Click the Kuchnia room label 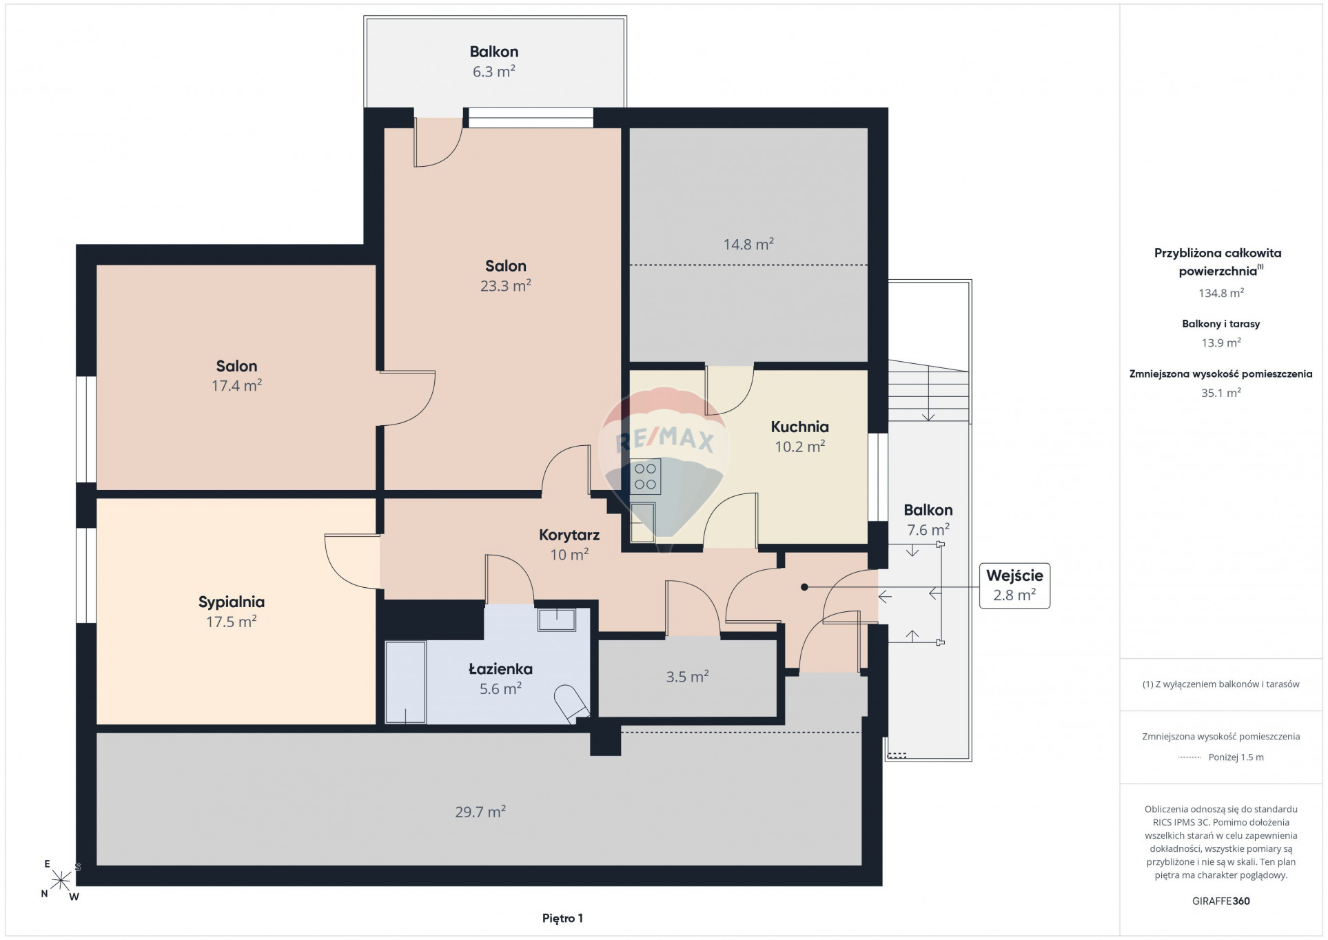[799, 427]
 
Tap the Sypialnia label [232, 602]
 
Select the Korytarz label [569, 535]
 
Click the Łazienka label [500, 668]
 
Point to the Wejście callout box [1014, 586]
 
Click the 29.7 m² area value [480, 812]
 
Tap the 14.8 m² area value [748, 244]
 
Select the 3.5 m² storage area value [687, 677]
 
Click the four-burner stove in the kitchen [645, 476]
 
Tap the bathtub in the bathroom [405, 682]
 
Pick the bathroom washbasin [557, 620]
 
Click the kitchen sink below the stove [642, 522]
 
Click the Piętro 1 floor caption [562, 918]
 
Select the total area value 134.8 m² [1220, 293]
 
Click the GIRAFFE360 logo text [1220, 901]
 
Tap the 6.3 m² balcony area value [493, 71]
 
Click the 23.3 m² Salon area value [505, 285]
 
